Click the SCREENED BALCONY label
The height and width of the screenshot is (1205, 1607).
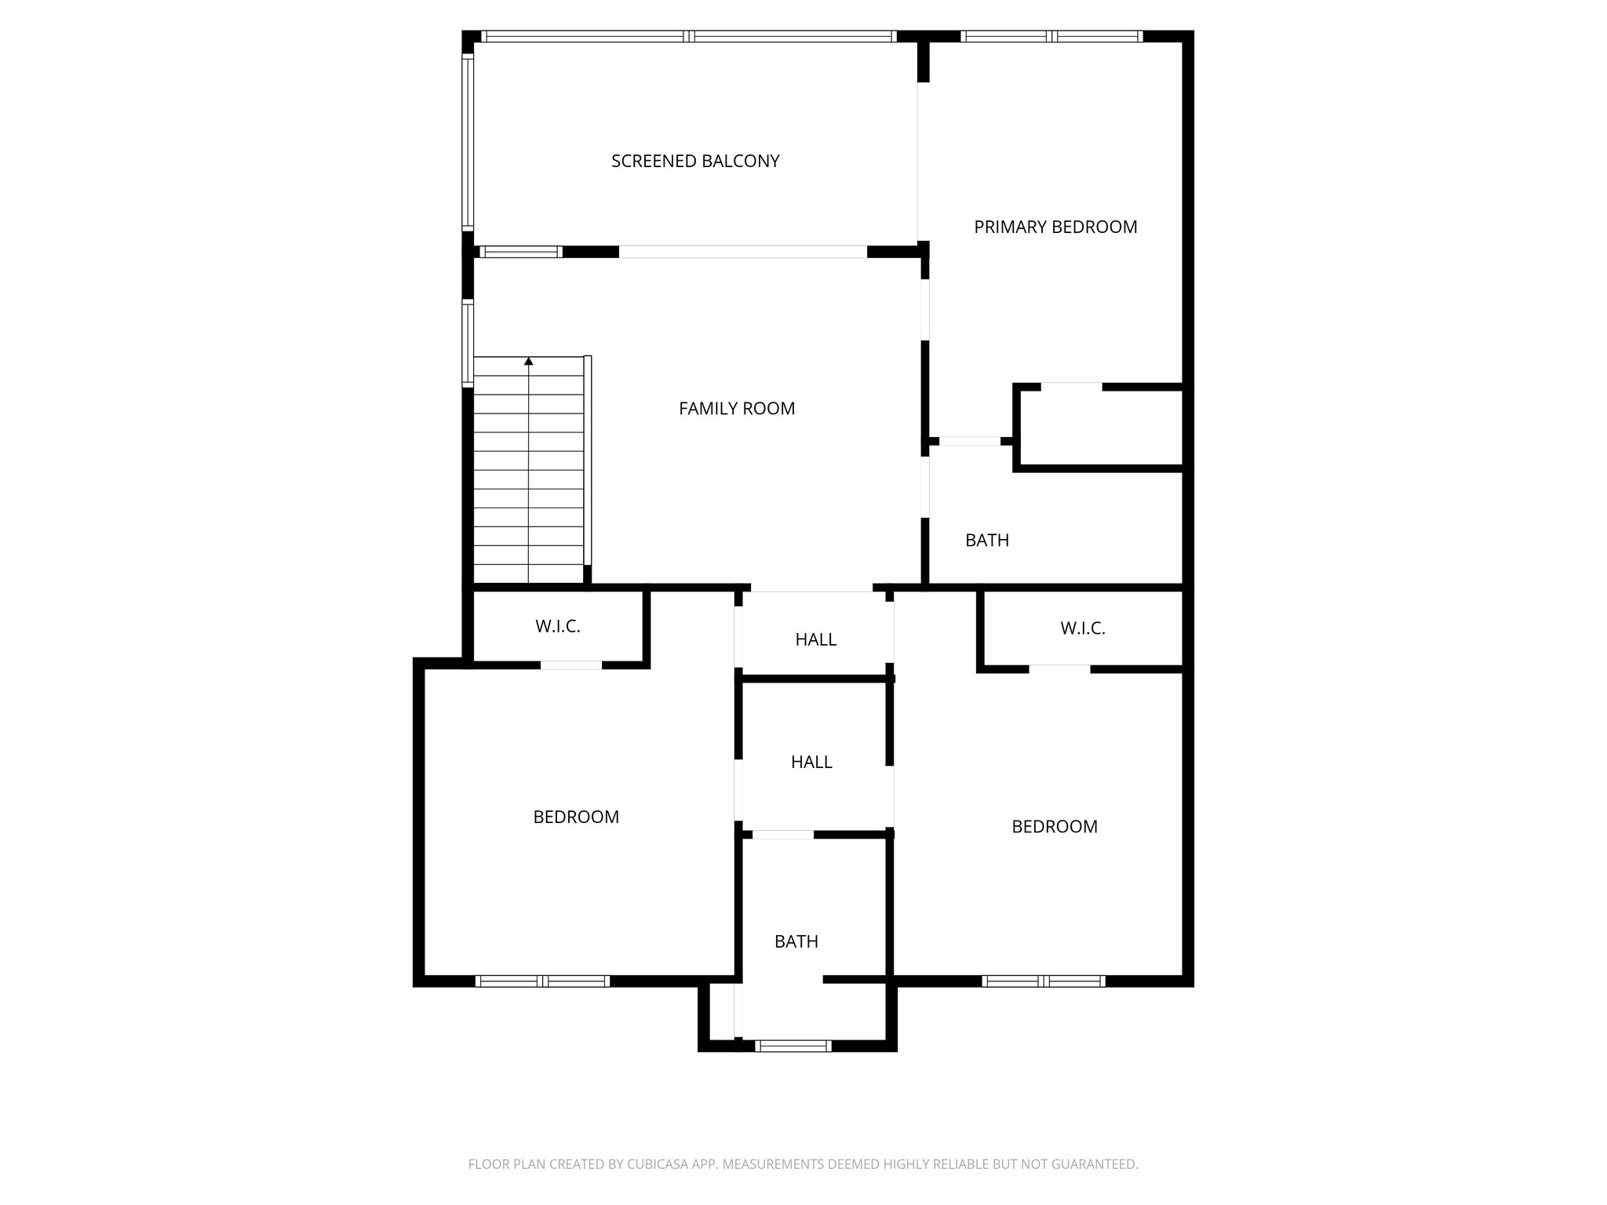(x=695, y=161)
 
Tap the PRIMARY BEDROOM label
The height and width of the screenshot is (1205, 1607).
(x=1055, y=227)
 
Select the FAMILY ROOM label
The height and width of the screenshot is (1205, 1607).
(x=737, y=408)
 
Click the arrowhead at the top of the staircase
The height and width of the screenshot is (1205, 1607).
(x=529, y=362)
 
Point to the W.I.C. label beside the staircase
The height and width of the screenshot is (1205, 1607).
(x=558, y=626)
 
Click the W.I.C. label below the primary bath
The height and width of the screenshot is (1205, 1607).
(x=1083, y=628)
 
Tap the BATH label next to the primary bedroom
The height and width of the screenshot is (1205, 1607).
(x=987, y=540)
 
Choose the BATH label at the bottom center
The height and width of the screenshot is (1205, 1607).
(x=796, y=941)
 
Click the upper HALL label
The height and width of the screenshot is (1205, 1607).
(x=816, y=639)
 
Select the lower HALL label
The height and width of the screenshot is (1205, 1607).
(x=811, y=762)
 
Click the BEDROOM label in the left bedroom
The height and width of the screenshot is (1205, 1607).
(x=576, y=817)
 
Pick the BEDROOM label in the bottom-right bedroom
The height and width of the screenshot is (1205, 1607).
(x=1055, y=826)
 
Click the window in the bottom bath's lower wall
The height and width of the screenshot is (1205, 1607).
(x=793, y=1045)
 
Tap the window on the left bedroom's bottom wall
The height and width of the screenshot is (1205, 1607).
(x=543, y=981)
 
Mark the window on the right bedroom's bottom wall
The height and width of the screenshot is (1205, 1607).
(x=1044, y=981)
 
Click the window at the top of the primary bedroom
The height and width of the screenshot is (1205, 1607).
(x=1051, y=36)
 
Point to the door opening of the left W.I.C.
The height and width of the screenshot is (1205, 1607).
(x=571, y=665)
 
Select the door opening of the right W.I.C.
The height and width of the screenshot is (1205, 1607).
(x=1059, y=669)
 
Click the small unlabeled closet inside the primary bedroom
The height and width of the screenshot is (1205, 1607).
(x=1101, y=428)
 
